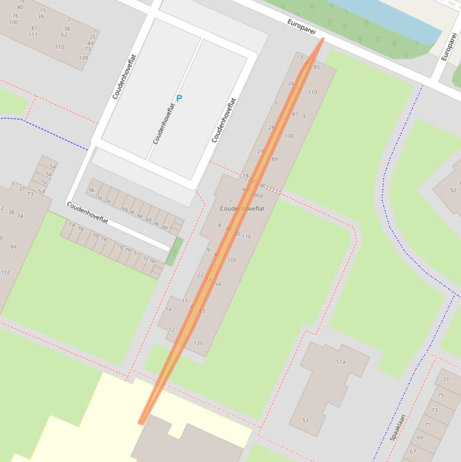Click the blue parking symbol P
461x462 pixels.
[179, 98]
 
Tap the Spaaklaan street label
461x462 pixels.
[398, 427]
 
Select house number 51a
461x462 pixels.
[341, 362]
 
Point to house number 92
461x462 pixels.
[453, 191]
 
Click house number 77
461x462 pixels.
[445, 380]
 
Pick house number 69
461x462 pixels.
[420, 437]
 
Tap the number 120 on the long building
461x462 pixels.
[198, 343]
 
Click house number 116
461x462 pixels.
[246, 237]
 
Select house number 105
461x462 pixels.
[232, 260]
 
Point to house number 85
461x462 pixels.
[317, 67]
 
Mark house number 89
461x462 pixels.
[275, 160]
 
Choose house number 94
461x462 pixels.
[218, 284]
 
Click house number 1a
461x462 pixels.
[168, 310]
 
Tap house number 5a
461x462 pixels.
[52, 167]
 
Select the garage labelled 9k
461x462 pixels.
[92, 190]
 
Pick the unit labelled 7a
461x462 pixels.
[71, 225]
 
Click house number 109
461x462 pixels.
[83, 58]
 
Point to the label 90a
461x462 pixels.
[258, 196]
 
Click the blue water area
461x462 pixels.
[390, 18]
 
